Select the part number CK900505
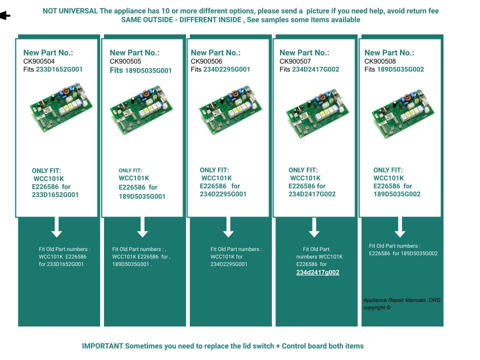point(125,61)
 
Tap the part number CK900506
point(206,61)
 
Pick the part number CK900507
point(295,61)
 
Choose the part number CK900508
point(380,61)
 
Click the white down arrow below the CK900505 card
point(142,227)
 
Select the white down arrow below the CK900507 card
point(314,227)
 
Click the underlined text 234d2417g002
point(317,272)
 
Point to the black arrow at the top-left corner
point(5,16)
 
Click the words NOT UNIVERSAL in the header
point(70,11)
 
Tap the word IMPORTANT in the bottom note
point(102,346)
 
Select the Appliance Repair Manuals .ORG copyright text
point(401,303)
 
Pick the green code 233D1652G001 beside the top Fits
point(59,69)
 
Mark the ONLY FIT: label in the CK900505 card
point(130,170)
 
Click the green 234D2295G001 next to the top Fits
point(226,69)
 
